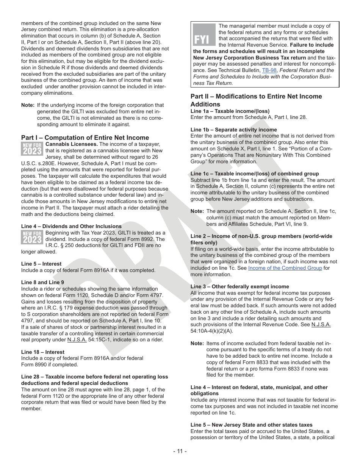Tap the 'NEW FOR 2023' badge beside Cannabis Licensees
point(32,149)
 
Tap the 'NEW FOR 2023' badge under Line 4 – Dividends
point(32,237)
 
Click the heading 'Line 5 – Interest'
point(41,264)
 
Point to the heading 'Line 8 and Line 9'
point(42,282)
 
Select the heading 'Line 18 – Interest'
point(43,352)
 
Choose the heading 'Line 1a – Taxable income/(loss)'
point(230,111)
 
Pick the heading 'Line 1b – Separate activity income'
point(233,130)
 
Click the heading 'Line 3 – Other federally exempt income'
point(239,286)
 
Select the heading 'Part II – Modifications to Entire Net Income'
point(256,96)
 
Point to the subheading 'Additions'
point(205,104)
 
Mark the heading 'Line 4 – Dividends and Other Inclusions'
point(71,226)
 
